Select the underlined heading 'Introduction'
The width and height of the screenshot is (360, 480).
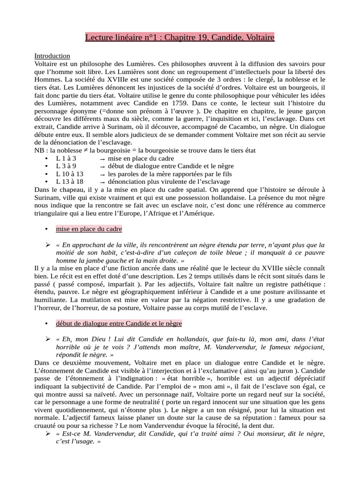coord(52,56)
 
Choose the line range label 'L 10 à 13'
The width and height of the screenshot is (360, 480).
coord(69,173)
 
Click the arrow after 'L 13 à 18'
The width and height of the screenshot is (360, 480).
coord(102,181)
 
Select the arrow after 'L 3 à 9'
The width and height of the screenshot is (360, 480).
coord(102,166)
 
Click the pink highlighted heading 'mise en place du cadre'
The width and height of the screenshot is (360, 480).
coord(89,229)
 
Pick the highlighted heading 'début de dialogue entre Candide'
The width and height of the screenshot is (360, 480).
coord(119,323)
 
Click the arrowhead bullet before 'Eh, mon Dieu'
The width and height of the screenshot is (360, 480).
coord(47,339)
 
